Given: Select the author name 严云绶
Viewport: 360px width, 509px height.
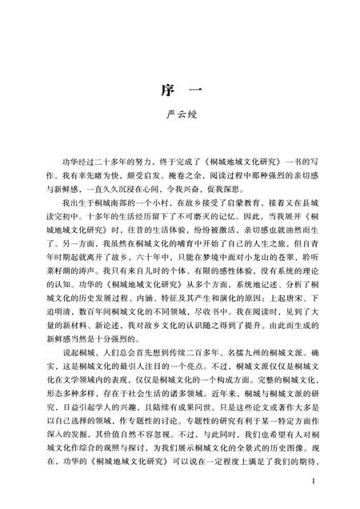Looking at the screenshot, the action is (x=180, y=122).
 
